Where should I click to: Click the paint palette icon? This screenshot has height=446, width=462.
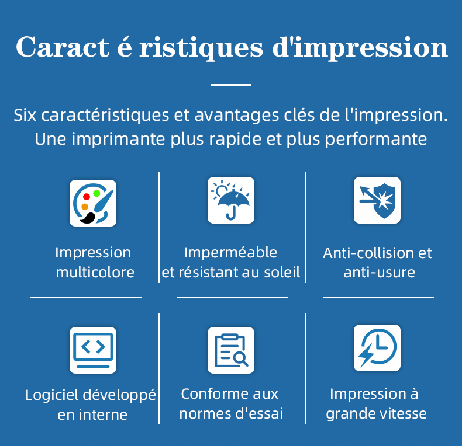tap(93, 203)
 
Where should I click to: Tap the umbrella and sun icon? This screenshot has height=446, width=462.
tap(231, 200)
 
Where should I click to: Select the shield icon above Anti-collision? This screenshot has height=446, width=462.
tap(377, 200)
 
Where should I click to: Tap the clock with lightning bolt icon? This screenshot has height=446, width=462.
tap(377, 348)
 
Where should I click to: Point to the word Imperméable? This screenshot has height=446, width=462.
tap(230, 252)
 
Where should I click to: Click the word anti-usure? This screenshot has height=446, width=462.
tap(379, 273)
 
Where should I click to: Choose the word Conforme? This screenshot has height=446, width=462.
tap(208, 393)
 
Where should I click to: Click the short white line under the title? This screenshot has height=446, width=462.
tap(230, 85)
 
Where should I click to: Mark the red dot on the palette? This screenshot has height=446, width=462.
tap(87, 197)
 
